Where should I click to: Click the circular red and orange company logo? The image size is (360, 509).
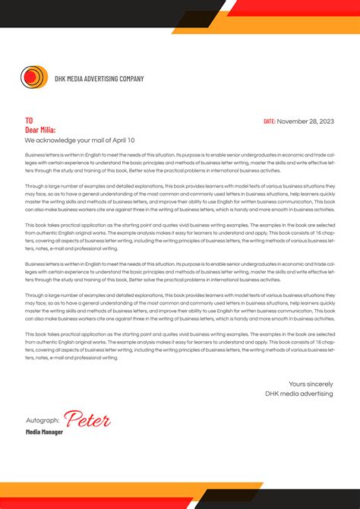pyautogui.click(x=33, y=77)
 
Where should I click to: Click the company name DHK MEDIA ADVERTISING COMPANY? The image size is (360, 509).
pyautogui.click(x=99, y=78)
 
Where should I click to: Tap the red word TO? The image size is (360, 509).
pyautogui.click(x=29, y=121)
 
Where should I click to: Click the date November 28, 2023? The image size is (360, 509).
pyautogui.click(x=305, y=122)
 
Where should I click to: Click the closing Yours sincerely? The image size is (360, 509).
pyautogui.click(x=311, y=384)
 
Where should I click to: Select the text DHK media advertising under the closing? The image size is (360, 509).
pyautogui.click(x=299, y=394)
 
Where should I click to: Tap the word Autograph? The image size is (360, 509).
pyautogui.click(x=43, y=420)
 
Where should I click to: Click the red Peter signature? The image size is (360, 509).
pyautogui.click(x=87, y=419)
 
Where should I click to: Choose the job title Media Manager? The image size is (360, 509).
pyautogui.click(x=44, y=432)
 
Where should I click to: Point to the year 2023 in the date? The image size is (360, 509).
pyautogui.click(x=326, y=122)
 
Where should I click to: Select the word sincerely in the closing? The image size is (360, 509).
pyautogui.click(x=319, y=384)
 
